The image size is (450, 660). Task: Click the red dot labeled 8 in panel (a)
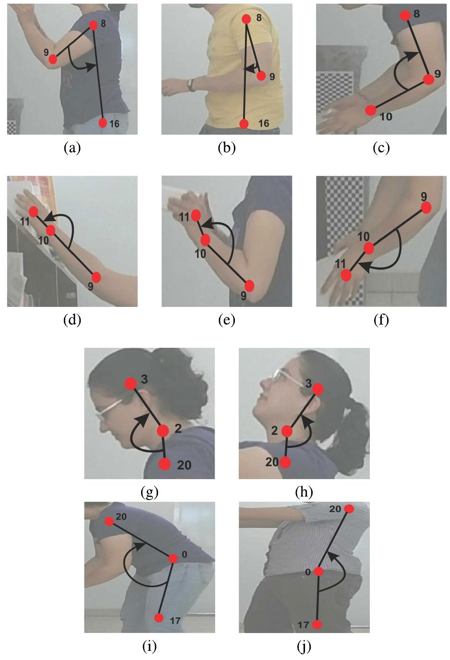coord(93,25)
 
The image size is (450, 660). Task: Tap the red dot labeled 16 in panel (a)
coord(102,123)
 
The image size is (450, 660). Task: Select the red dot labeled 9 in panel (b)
coord(261,76)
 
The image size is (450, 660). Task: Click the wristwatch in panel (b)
coord(191,85)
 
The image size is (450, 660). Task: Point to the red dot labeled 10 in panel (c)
coord(370,110)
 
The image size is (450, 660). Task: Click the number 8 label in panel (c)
coord(416,14)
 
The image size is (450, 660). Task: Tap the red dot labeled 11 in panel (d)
coord(33,211)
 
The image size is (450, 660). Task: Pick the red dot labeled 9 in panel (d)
coord(96,277)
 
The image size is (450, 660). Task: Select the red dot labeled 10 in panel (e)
coord(206,240)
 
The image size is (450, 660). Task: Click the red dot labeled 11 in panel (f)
coord(346,275)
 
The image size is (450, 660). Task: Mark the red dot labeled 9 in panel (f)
coord(426,207)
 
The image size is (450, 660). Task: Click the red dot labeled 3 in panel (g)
coord(131,383)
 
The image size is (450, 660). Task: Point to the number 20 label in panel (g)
coord(184,465)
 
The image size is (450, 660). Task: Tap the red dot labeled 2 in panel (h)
coord(287,431)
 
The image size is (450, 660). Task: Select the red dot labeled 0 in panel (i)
coord(173,558)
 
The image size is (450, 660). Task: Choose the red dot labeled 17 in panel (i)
coord(159,618)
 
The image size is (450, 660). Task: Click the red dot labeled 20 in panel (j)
coord(349,508)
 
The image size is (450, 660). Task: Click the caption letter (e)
coord(227,320)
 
